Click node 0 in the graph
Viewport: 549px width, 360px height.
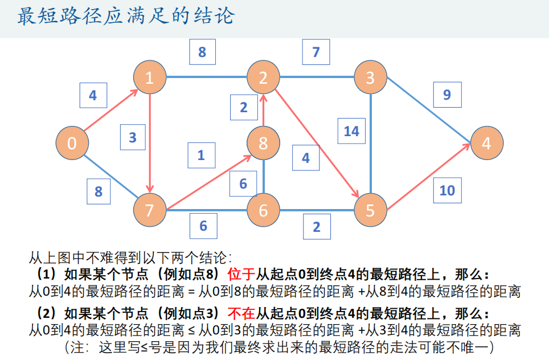[72, 143]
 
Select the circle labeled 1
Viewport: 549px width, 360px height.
[149, 77]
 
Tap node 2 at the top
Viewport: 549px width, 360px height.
[263, 77]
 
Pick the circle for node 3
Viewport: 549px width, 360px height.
[370, 77]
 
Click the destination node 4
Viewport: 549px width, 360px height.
[486, 143]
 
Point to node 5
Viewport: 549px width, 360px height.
[370, 211]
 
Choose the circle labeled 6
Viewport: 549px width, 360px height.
[263, 211]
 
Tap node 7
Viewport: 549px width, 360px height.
[149, 211]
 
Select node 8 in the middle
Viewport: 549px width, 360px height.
[263, 143]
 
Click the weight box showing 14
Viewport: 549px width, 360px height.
[351, 131]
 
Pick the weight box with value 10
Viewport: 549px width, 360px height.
[447, 190]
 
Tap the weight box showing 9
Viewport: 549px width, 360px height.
[447, 95]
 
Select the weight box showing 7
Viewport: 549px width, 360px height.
[316, 52]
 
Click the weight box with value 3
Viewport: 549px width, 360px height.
[133, 137]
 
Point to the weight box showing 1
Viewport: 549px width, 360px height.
[201, 155]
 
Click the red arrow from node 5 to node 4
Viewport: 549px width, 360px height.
[428, 177]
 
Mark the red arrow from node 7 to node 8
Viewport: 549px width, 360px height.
[206, 177]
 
